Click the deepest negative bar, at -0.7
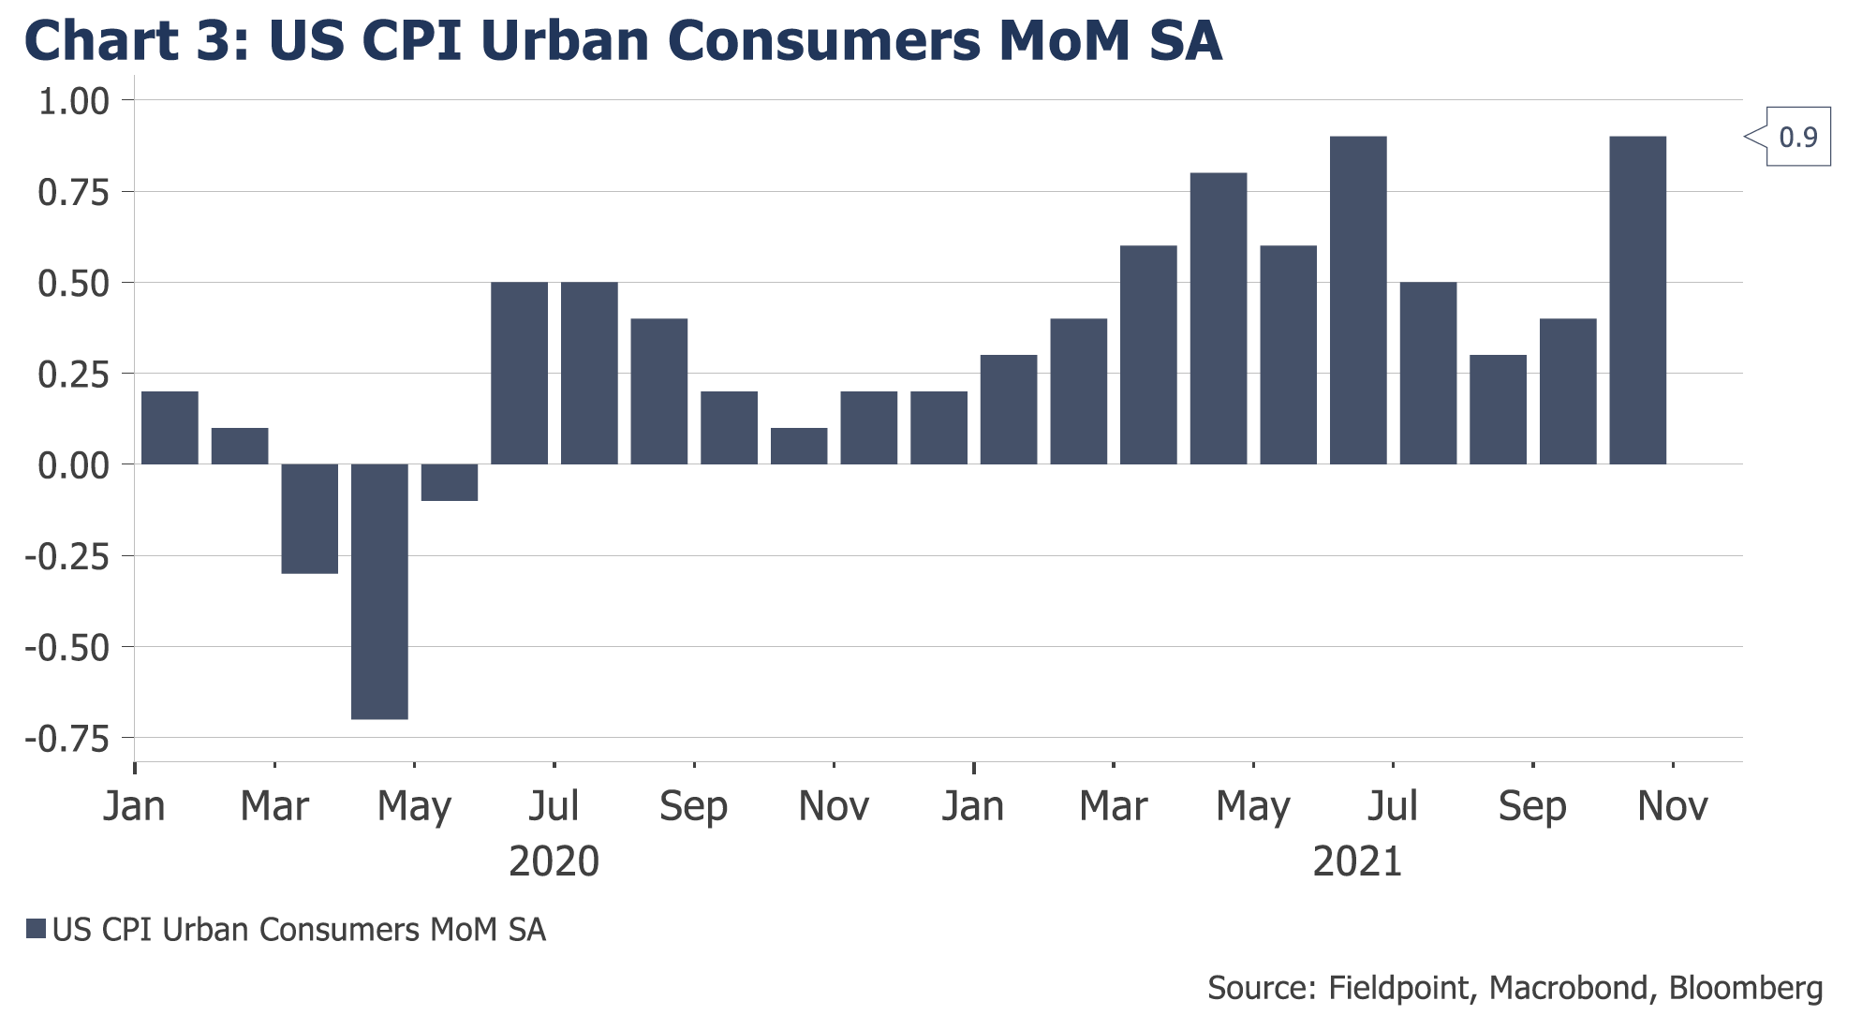coord(379,592)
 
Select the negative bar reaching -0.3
coord(309,519)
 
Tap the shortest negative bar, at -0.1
coord(450,482)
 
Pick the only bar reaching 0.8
coord(1219,318)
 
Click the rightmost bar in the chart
coord(1637,300)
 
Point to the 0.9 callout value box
coord(1797,138)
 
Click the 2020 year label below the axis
coord(554,861)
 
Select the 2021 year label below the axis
coord(1357,861)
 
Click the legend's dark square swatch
coord(36,929)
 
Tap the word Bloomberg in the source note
coord(1746,988)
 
